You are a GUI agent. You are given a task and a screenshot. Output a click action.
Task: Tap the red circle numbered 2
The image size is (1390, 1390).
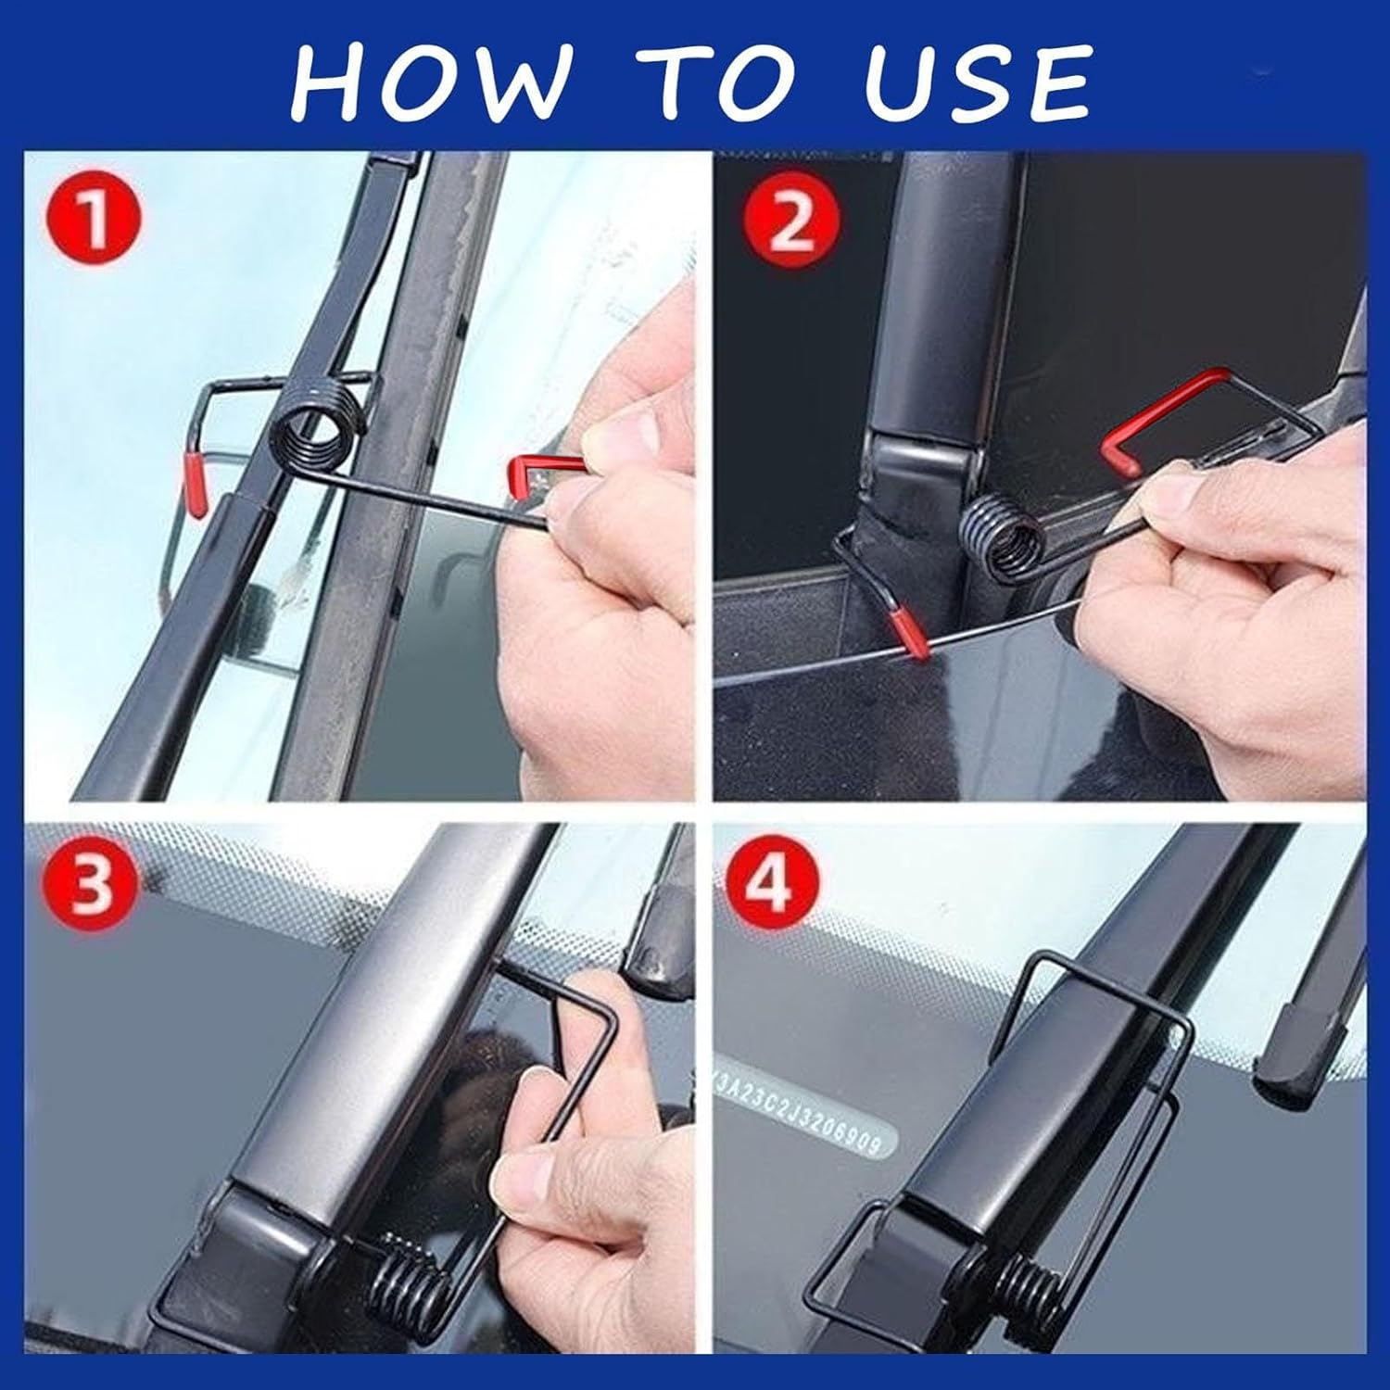(790, 223)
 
